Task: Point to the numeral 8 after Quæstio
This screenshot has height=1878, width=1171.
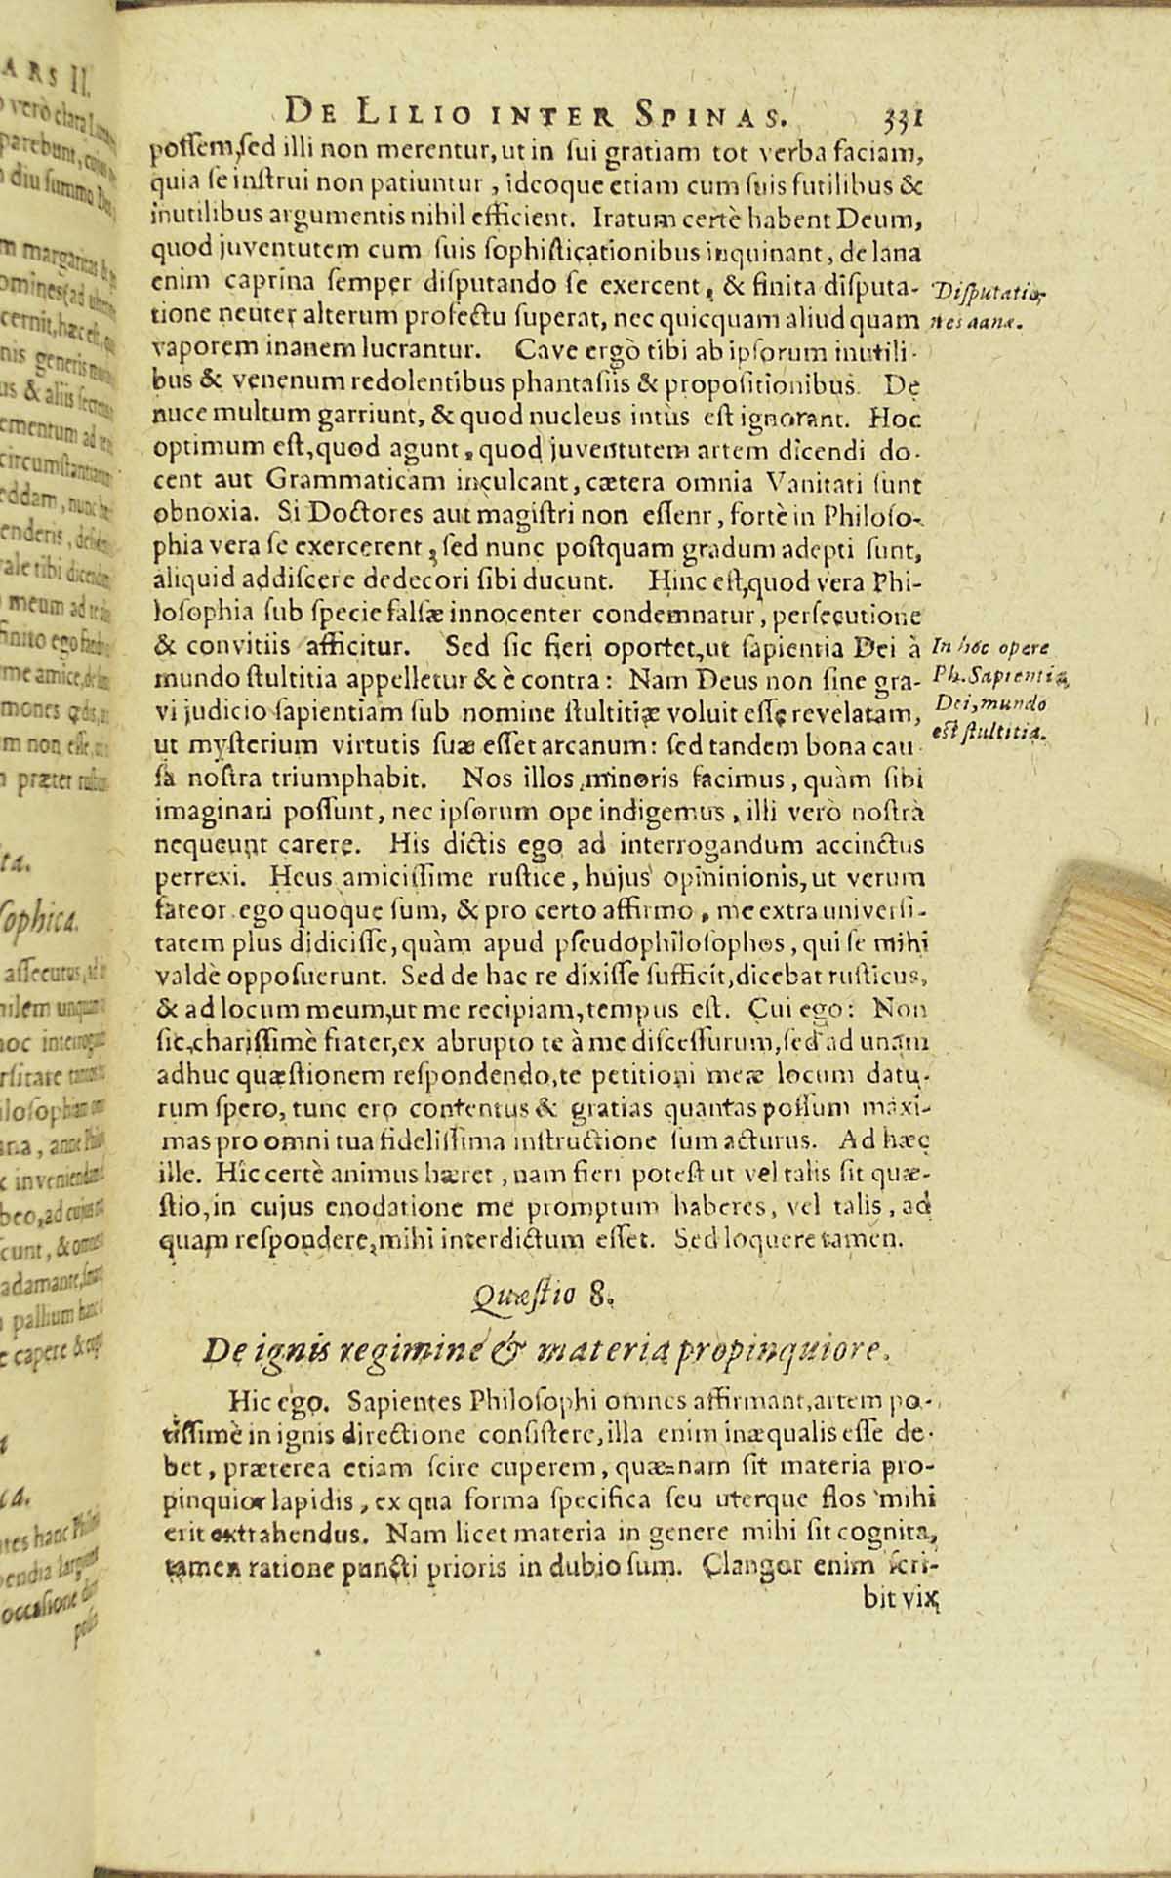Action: (x=598, y=1298)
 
